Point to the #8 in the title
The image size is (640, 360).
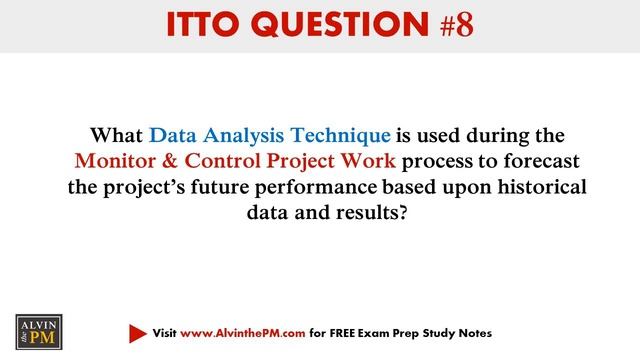451,25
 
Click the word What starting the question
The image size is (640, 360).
118,134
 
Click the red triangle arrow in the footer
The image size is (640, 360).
137,332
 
